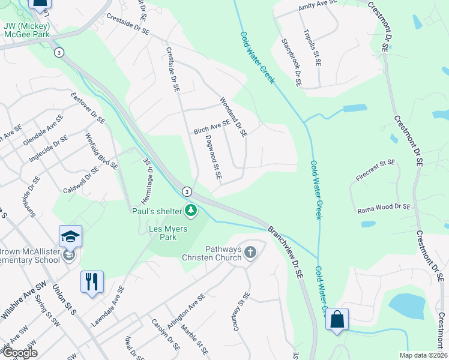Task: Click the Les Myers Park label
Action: [168, 233]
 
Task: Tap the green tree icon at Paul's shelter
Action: [191, 210]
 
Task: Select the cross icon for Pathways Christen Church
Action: [250, 253]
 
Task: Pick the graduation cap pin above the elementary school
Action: [70, 236]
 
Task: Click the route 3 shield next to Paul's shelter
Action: [187, 191]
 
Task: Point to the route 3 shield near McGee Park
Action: [58, 53]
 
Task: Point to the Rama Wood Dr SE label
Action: [384, 207]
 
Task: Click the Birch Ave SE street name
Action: [211, 127]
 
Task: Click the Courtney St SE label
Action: [240, 312]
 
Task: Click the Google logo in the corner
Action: [19, 353]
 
